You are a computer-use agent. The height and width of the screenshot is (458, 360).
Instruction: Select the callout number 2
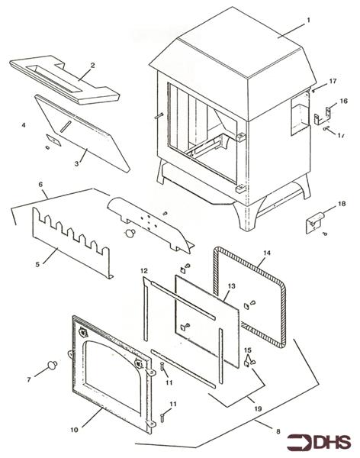(x=92, y=65)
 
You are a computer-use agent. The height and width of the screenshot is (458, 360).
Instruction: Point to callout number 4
(x=24, y=124)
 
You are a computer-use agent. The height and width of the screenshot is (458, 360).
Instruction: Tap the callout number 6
(x=40, y=185)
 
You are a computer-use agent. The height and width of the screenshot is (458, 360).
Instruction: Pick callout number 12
(x=143, y=271)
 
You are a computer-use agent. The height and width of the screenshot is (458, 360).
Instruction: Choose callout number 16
(x=343, y=101)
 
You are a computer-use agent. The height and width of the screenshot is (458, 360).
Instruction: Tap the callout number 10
(x=75, y=431)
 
